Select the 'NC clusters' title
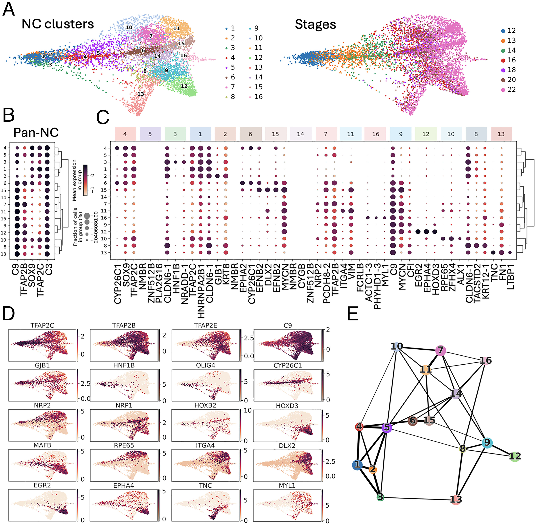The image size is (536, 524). [58, 24]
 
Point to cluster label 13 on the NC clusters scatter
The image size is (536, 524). [141, 94]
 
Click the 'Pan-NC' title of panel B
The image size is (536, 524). [36, 132]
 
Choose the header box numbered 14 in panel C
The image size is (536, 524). [300, 134]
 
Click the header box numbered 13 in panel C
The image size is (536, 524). [501, 134]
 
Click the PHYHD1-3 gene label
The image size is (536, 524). [377, 286]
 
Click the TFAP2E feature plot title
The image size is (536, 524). [206, 325]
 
